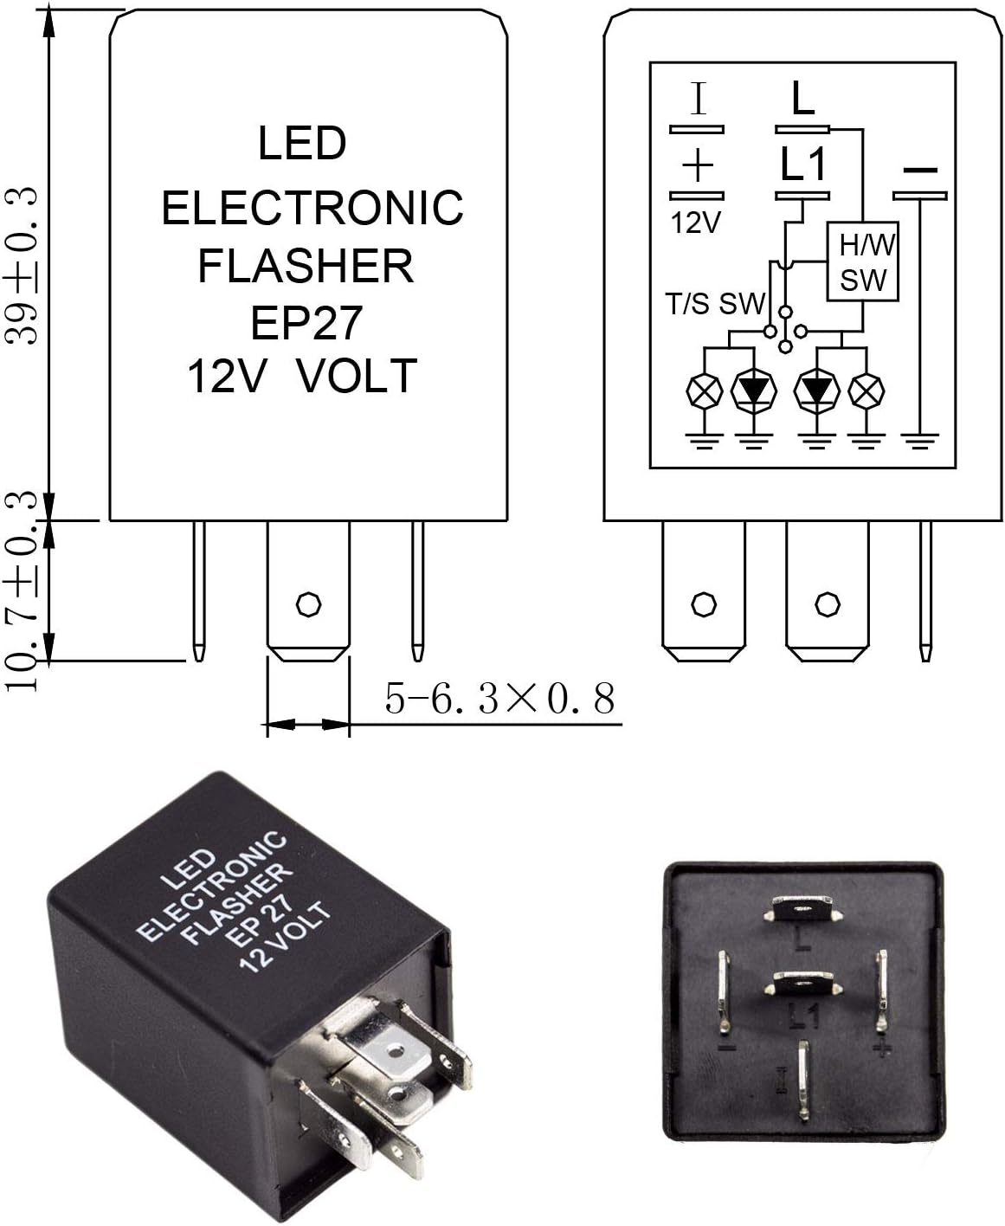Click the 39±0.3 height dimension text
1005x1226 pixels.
tap(24, 264)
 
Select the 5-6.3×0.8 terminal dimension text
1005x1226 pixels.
tap(499, 699)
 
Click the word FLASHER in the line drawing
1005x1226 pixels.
tap(306, 266)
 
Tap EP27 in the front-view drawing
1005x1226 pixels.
tap(306, 322)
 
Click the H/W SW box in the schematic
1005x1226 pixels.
tap(866, 262)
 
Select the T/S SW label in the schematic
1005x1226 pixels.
tap(715, 304)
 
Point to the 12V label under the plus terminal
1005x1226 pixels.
tap(696, 223)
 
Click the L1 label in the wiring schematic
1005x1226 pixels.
tap(803, 165)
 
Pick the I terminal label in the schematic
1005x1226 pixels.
tap(698, 99)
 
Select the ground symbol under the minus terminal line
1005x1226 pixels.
tap(920, 442)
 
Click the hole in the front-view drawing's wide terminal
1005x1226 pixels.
tap(307, 603)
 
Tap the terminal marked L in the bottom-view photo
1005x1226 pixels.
tap(802, 909)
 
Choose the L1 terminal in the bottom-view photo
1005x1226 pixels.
tap(802, 985)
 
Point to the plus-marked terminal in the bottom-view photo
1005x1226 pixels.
tap(881, 989)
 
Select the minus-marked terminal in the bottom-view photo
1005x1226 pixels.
tap(724, 989)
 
